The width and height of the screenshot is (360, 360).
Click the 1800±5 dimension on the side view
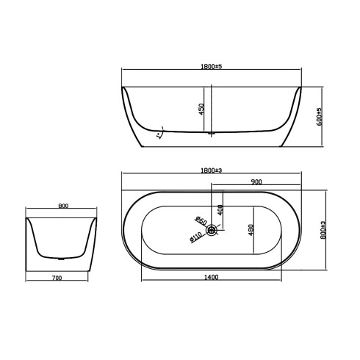[x=211, y=66]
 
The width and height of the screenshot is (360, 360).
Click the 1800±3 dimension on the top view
[x=211, y=170]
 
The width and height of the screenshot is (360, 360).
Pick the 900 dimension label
[x=257, y=181]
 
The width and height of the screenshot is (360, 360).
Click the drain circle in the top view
[x=212, y=231]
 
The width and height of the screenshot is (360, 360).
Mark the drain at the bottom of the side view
[x=211, y=133]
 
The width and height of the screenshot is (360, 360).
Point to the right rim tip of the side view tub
[x=300, y=89]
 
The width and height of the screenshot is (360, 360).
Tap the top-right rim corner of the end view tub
[x=98, y=217]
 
